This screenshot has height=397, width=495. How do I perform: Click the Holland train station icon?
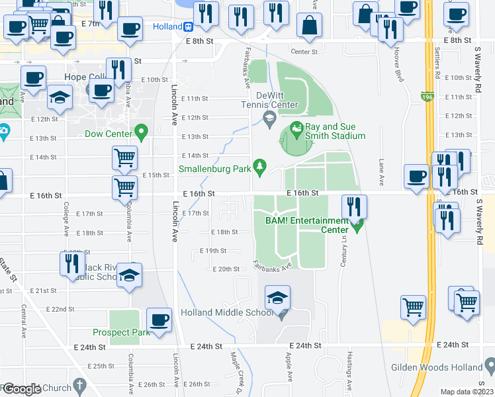pyautogui.click(x=189, y=27)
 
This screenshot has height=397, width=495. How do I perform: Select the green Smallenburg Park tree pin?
pyautogui.click(x=261, y=165)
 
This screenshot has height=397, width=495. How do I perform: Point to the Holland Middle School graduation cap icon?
pyautogui.click(x=278, y=298)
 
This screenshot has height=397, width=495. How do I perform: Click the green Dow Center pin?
pyautogui.click(x=140, y=131)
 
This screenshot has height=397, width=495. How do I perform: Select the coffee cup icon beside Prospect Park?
pyautogui.click(x=159, y=320)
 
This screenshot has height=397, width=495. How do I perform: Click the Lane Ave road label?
pyautogui.click(x=381, y=171)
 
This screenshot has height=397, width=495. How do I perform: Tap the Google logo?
pyautogui.click(x=21, y=389)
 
